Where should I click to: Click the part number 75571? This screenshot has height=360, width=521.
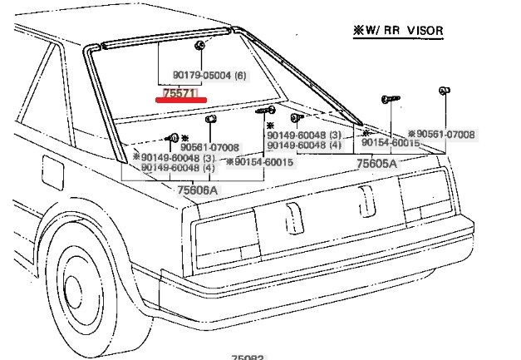(x=179, y=93)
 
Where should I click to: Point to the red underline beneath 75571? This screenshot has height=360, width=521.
(x=179, y=101)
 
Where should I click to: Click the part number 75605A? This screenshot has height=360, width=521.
(x=376, y=164)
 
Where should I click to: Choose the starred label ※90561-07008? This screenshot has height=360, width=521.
(x=441, y=134)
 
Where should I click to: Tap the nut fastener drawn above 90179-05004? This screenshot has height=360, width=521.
(x=202, y=45)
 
